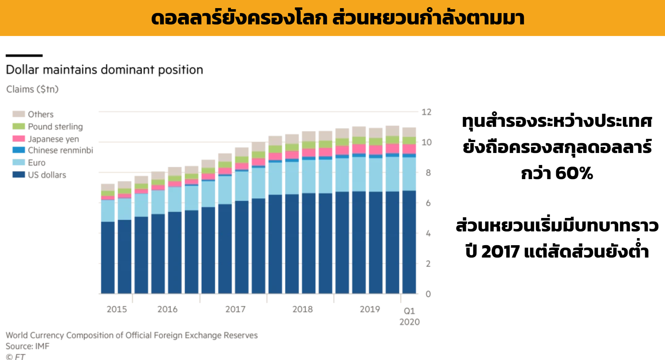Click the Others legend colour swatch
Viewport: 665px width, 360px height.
18,114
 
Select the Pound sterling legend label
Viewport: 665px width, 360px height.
55,126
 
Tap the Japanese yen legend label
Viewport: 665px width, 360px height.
53,139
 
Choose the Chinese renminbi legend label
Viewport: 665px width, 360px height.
60,150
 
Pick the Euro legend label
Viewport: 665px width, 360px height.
37,163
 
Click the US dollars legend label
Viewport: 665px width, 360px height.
47,175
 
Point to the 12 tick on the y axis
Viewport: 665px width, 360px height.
426,112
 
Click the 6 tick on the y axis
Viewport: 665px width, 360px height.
428,203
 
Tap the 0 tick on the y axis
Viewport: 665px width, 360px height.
428,294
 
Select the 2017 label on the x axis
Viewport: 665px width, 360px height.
235,309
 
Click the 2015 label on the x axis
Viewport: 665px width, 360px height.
117,309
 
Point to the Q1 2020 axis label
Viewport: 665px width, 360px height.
409,316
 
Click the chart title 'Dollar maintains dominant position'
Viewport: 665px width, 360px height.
105,70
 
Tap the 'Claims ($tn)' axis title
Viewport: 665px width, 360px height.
32,89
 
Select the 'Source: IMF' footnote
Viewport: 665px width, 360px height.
28,346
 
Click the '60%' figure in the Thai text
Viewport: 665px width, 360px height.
574,173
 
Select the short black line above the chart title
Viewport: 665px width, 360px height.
24,55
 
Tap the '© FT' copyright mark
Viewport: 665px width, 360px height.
16,356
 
